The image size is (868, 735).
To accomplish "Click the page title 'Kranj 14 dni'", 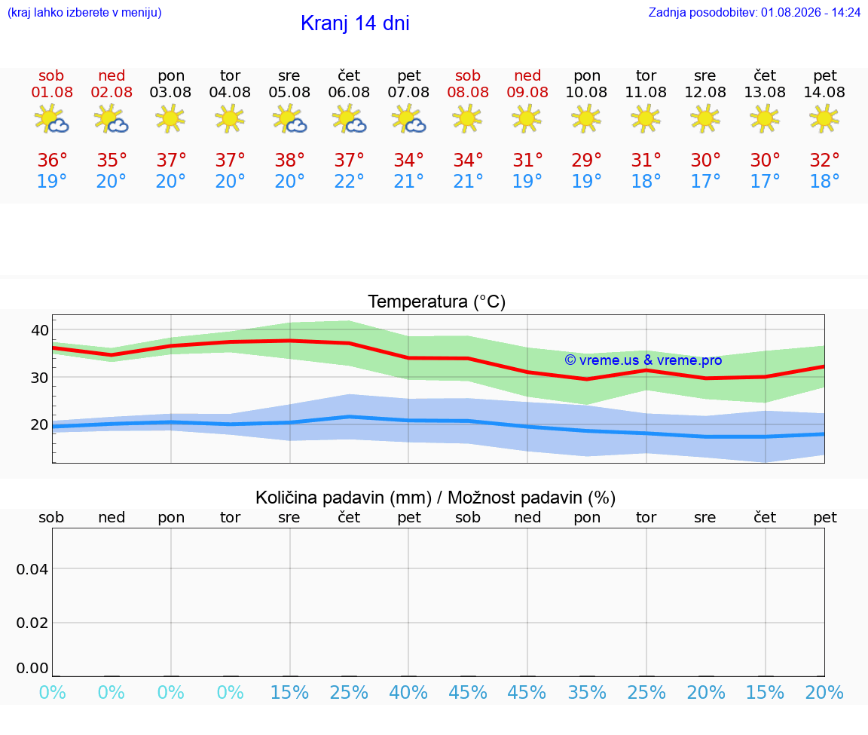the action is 355,23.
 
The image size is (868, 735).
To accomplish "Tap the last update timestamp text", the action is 754,12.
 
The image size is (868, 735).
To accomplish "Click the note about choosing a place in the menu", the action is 84,12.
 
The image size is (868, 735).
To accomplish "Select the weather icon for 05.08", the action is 289,119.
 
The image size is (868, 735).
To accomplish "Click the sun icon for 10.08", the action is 586,119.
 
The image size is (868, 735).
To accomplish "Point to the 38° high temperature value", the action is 289,160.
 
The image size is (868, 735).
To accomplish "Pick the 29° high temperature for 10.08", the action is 586,160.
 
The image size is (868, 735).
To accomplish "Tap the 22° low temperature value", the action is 349,181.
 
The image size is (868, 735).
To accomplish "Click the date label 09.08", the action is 527,92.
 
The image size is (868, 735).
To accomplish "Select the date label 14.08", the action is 824,92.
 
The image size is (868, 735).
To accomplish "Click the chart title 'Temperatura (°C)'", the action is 437,302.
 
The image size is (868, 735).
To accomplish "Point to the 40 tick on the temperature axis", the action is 40,330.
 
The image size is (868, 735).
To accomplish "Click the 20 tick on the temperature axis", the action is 40,424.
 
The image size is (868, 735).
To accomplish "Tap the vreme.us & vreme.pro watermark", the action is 643,360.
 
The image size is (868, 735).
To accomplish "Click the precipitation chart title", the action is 435,498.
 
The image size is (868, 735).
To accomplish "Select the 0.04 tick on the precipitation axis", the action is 32,569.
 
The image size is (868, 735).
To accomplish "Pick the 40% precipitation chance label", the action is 408,692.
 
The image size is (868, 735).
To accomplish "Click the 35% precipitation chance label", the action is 587,692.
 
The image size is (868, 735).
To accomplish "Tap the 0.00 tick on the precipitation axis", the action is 32,667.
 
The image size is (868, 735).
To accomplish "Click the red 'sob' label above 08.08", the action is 468,75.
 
